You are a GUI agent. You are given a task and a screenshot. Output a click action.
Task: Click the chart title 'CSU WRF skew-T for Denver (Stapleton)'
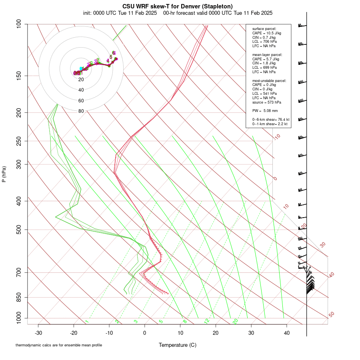pos(178,6)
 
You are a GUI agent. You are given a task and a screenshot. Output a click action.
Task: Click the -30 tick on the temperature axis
pos(38,333)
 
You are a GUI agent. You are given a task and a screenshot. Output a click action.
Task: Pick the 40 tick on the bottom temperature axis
pos(287,333)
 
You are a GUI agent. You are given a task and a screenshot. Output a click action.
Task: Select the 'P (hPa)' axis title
pos(4,174)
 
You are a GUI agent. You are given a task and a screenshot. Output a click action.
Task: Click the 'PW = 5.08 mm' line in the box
pos(265,110)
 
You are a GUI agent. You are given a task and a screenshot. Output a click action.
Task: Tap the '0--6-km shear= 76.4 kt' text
pos(271,120)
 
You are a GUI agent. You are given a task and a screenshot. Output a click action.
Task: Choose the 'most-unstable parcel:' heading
pos(269,80)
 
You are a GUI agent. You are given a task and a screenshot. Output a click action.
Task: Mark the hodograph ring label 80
pos(81,111)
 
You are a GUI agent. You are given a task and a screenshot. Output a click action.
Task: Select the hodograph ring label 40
pos(81,90)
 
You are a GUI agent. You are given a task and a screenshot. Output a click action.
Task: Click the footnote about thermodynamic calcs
pos(59,345)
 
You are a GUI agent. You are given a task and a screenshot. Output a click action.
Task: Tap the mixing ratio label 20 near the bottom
pos(235,321)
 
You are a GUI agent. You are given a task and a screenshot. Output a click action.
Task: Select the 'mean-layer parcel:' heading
pos(267,54)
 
